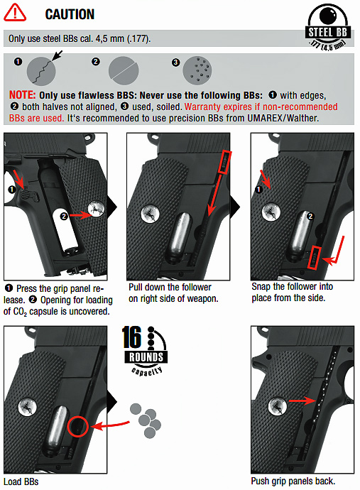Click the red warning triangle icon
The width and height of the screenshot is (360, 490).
pyautogui.click(x=15, y=13)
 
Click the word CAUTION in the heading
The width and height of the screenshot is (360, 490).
pyautogui.click(x=70, y=14)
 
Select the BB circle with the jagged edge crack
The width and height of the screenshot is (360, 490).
pyautogui.click(x=41, y=71)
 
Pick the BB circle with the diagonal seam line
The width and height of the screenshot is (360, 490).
pyautogui.click(x=124, y=70)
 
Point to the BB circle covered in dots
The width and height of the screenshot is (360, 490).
pyautogui.click(x=197, y=70)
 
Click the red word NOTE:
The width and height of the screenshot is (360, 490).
pyautogui.click(x=23, y=95)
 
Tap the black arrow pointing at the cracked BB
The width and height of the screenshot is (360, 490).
pyautogui.click(x=57, y=55)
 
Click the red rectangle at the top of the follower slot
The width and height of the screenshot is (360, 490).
pyautogui.click(x=224, y=162)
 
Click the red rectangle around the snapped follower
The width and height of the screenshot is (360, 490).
pyautogui.click(x=314, y=257)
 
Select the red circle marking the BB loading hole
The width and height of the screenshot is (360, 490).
pyautogui.click(x=78, y=426)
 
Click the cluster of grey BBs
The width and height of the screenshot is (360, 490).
pyautogui.click(x=146, y=420)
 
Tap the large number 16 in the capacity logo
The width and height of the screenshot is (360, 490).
pyautogui.click(x=131, y=337)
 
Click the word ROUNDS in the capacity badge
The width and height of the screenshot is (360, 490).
pyautogui.click(x=146, y=357)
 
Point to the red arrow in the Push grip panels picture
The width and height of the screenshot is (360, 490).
pyautogui.click(x=302, y=401)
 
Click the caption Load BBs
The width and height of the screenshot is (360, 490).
pyautogui.click(x=21, y=481)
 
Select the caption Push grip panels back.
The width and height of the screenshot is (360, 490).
pyautogui.click(x=293, y=481)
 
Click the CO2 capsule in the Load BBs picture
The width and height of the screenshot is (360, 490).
pyautogui.click(x=58, y=428)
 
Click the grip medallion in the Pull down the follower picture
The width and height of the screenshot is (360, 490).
pyautogui.click(x=151, y=214)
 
